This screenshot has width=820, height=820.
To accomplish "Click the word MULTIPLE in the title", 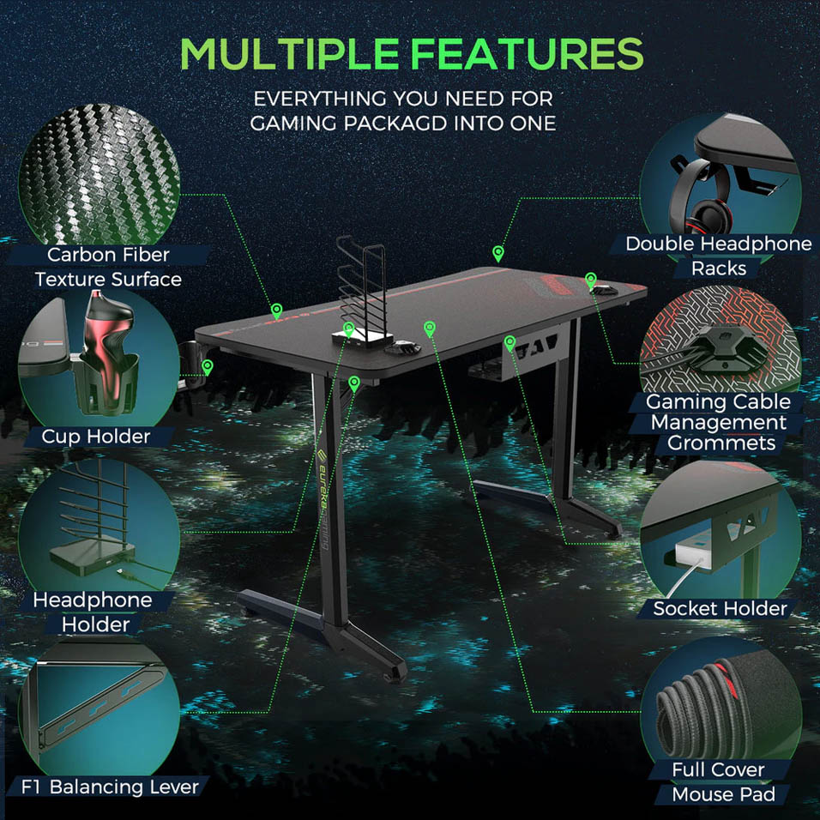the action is [290, 54].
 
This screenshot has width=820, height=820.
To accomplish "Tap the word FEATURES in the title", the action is [527, 54].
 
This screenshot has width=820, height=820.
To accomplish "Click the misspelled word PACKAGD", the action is [396, 124].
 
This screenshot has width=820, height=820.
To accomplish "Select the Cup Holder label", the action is [96, 436].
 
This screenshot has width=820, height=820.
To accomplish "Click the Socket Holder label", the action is [721, 608].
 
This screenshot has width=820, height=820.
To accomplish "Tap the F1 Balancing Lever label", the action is [110, 787].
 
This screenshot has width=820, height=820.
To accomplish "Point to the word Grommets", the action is [721, 443].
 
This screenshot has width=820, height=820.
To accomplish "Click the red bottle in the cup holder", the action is [108, 341].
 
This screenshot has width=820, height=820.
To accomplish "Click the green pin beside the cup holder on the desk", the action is [208, 366].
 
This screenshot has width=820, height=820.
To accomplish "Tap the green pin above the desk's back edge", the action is [498, 254].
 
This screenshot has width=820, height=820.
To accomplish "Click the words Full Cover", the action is [718, 769].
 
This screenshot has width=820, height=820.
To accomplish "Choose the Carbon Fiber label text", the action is [108, 255].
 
